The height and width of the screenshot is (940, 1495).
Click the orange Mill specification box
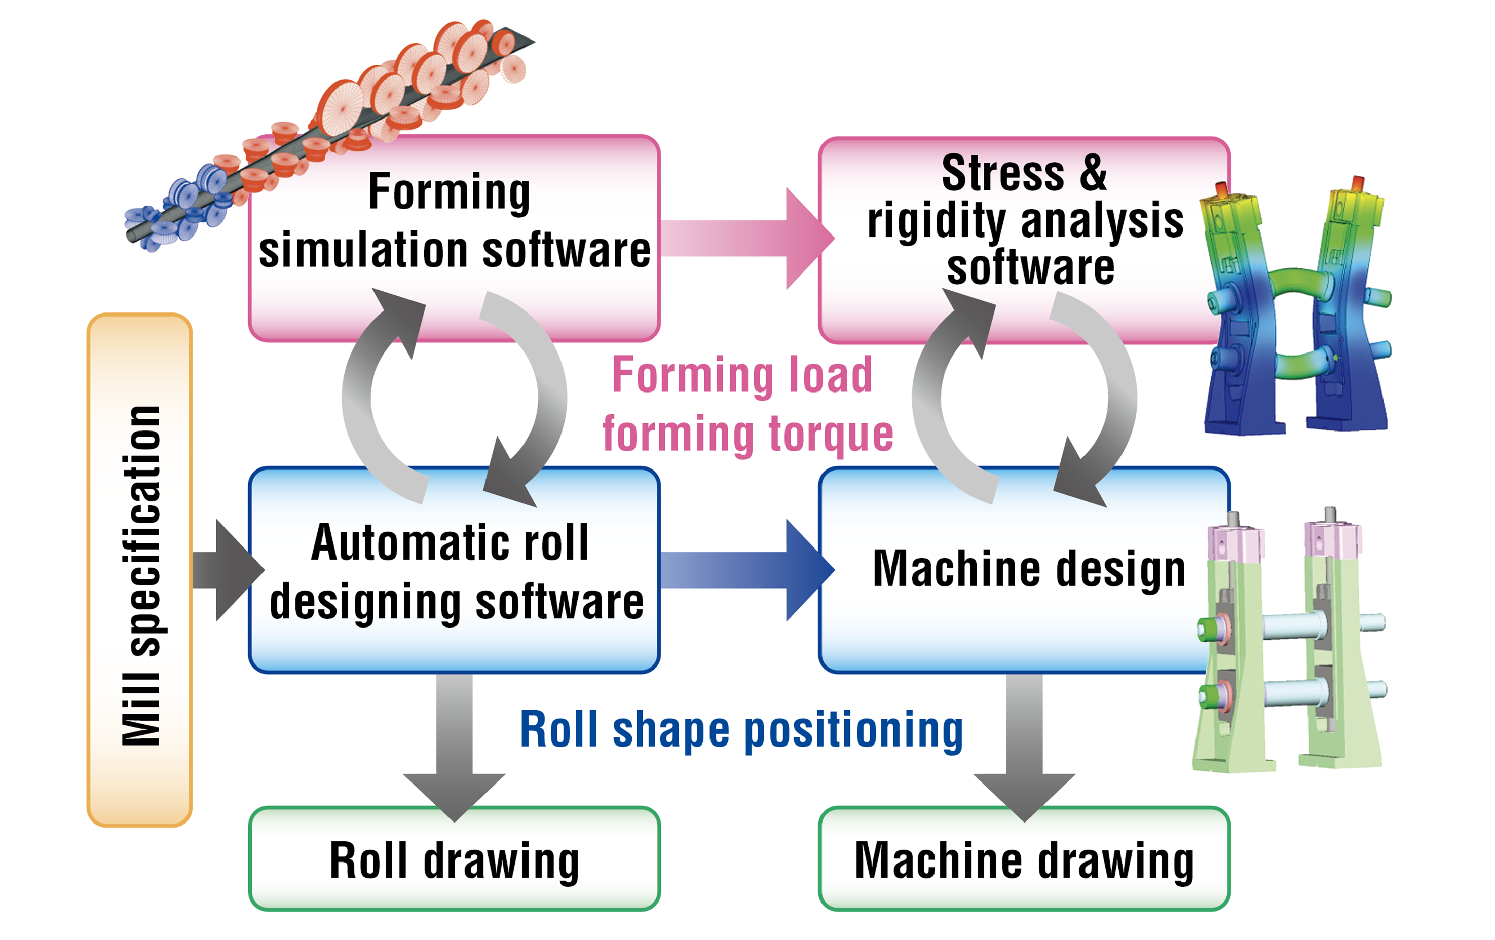click(x=139, y=570)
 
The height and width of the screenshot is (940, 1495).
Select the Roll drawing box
click(x=454, y=859)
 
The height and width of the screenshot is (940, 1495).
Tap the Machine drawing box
click(x=1024, y=859)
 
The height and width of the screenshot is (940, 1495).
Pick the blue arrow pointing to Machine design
click(x=745, y=570)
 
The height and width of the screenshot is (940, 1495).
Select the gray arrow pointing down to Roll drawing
click(x=454, y=745)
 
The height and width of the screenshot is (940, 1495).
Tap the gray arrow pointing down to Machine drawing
click(x=1024, y=745)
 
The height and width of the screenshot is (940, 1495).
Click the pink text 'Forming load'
click(x=742, y=376)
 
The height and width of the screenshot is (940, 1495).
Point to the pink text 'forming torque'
click(x=747, y=435)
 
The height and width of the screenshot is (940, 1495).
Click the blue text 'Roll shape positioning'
click(x=741, y=730)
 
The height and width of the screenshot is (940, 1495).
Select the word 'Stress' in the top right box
click(x=1003, y=173)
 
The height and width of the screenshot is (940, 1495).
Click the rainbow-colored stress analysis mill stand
click(x=1294, y=310)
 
